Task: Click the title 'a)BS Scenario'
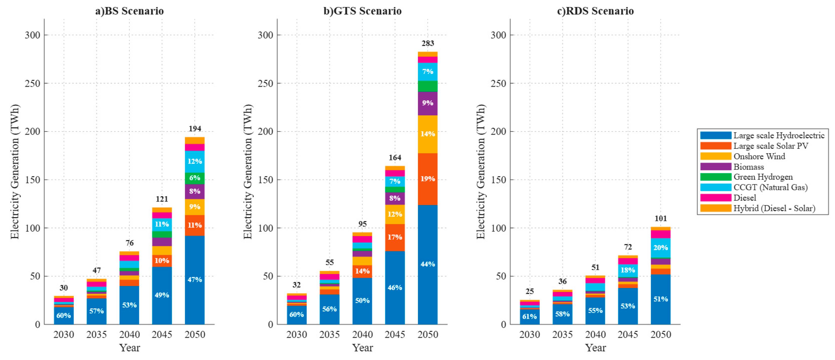pos(129,11)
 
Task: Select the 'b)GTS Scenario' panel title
pos(362,11)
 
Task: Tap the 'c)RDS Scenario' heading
pos(595,11)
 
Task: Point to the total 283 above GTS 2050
pos(428,43)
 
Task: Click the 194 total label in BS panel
pos(195,129)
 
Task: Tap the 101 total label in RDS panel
pos(661,218)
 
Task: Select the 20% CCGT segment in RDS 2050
pos(661,248)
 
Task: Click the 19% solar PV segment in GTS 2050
pos(428,179)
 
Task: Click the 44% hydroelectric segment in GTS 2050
pos(428,264)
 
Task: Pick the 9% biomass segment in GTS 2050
pos(428,103)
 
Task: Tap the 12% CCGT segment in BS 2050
pos(195,161)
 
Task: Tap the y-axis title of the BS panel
pos(15,172)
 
